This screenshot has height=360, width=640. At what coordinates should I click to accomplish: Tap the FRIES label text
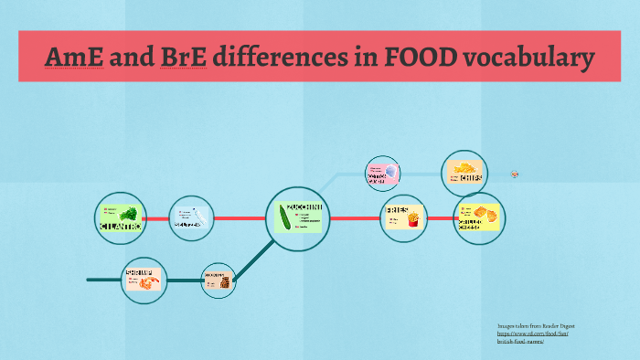click(x=396, y=210)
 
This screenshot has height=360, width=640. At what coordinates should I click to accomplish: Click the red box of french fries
click(x=412, y=220)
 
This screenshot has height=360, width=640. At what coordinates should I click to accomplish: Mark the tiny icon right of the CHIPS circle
click(x=515, y=174)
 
